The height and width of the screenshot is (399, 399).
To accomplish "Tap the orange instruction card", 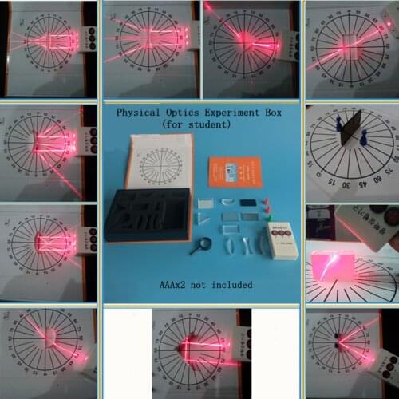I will [x=235, y=171].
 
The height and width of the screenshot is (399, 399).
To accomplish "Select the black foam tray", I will [x=147, y=214].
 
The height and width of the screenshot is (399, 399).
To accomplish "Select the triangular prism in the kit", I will [x=204, y=217].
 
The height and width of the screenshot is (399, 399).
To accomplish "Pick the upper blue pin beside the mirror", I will [x=339, y=124].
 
